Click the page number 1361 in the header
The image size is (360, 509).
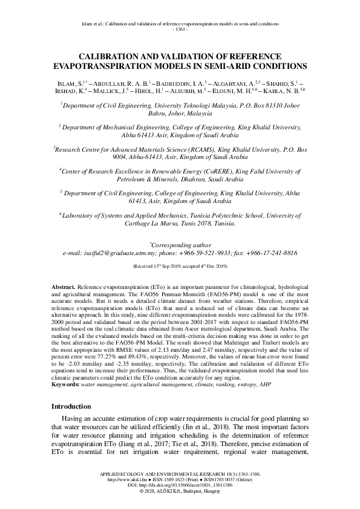click(x=180, y=29)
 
